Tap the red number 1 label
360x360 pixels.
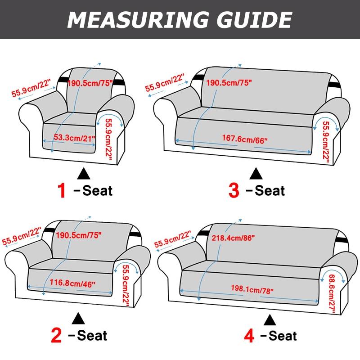(62, 190)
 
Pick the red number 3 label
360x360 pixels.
(234, 190)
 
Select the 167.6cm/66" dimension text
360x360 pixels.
(245, 139)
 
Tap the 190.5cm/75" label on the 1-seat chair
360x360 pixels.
(90, 83)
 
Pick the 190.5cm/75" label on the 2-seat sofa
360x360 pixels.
(79, 234)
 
